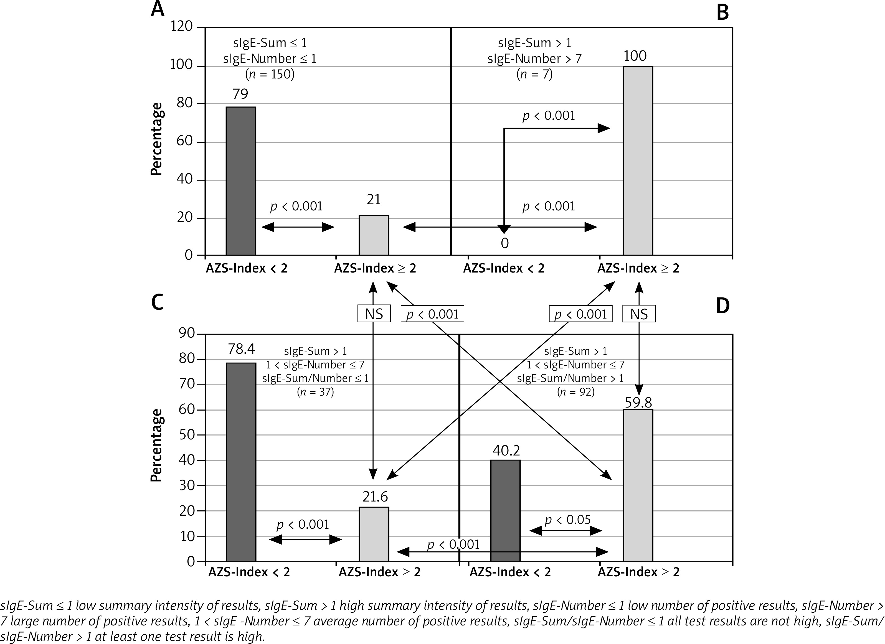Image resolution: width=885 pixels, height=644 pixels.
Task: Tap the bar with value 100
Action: tap(638, 161)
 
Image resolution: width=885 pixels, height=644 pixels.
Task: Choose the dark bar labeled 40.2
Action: tap(505, 511)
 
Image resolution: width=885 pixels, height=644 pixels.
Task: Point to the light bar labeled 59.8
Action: tap(638, 486)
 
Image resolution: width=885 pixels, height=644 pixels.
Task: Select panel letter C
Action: tap(157, 302)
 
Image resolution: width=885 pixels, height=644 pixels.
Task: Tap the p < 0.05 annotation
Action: tap(567, 520)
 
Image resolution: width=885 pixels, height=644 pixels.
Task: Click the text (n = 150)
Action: tap(270, 74)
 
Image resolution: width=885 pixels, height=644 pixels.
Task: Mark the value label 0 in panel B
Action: tap(504, 243)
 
